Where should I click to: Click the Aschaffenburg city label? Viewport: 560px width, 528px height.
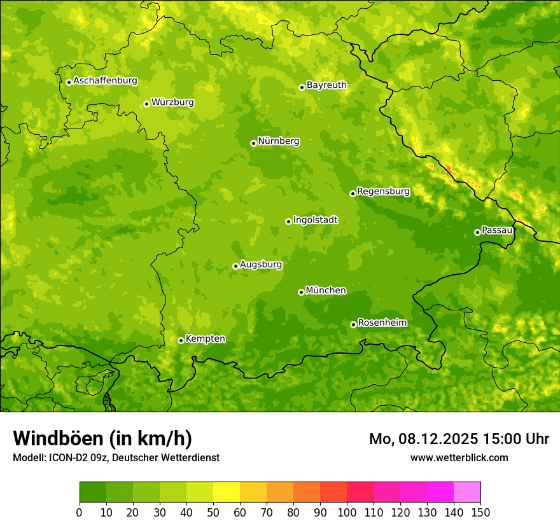click(x=105, y=81)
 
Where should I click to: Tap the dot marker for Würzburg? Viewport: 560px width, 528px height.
click(x=146, y=104)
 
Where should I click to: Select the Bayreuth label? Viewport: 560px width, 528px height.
click(x=326, y=85)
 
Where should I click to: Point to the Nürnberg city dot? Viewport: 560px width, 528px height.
click(x=253, y=143)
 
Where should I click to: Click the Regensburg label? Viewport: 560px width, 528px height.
click(x=383, y=191)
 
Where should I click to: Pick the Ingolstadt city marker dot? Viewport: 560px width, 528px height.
click(x=288, y=221)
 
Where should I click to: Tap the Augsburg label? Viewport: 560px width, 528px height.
click(x=261, y=265)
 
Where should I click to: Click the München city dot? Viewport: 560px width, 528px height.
click(x=301, y=292)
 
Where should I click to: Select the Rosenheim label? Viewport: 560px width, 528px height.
click(x=382, y=323)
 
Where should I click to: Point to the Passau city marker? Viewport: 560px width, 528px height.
click(x=477, y=232)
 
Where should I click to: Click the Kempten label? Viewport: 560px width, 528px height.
click(x=205, y=339)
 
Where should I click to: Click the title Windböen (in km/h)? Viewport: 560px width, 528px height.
click(x=102, y=438)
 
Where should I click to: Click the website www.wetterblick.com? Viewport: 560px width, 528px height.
click(x=459, y=457)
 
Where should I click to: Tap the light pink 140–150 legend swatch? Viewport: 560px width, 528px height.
click(x=467, y=492)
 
